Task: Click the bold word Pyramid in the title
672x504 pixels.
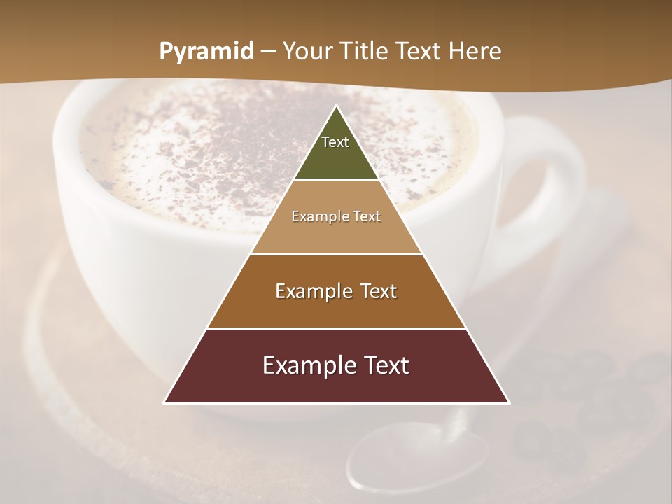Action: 206,52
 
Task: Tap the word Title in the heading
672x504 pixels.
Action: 361,52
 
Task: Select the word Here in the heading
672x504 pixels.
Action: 475,52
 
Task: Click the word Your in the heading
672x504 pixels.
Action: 307,52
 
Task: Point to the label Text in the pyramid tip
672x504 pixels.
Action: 335,142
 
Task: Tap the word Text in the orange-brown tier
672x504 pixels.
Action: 375,291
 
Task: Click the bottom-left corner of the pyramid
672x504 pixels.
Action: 164,402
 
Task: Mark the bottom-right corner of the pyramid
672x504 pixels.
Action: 509,402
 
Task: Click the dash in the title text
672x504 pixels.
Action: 268,52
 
